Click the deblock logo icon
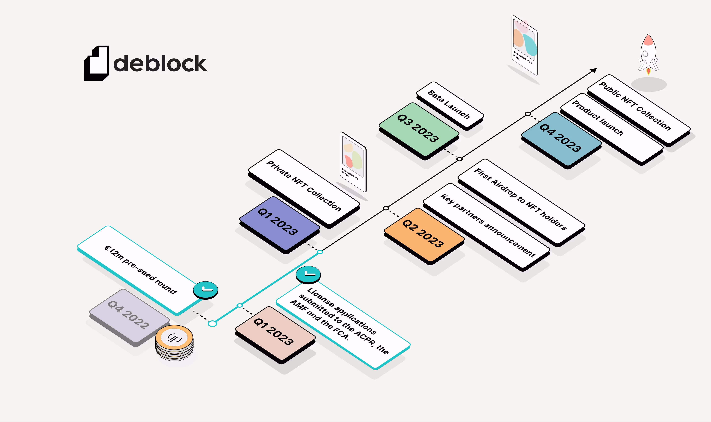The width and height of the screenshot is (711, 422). coord(96,63)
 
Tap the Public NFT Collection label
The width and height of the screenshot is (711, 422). coord(639,110)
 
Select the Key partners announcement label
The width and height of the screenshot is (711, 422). coord(487,227)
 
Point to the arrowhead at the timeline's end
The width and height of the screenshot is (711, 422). coord(594,70)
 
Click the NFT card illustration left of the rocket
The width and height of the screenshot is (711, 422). coord(524,45)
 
